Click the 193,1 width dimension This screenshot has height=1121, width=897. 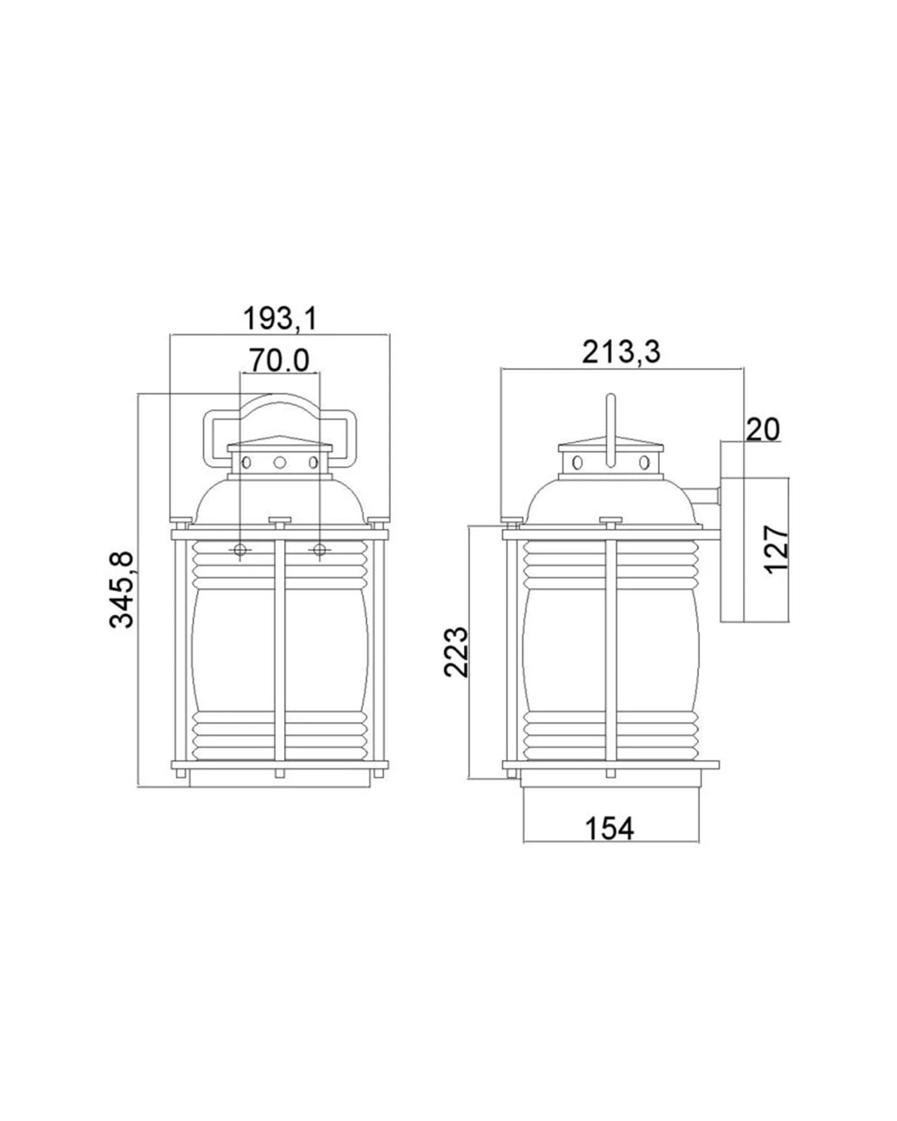[280, 319]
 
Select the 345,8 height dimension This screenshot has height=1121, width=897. [122, 590]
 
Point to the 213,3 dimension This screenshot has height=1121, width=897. [621, 353]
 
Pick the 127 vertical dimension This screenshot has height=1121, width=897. [777, 549]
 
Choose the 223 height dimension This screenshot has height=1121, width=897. [455, 652]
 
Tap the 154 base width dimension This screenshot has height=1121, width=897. [609, 828]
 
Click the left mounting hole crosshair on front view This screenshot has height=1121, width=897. [240, 549]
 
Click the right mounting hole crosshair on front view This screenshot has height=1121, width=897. [320, 549]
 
